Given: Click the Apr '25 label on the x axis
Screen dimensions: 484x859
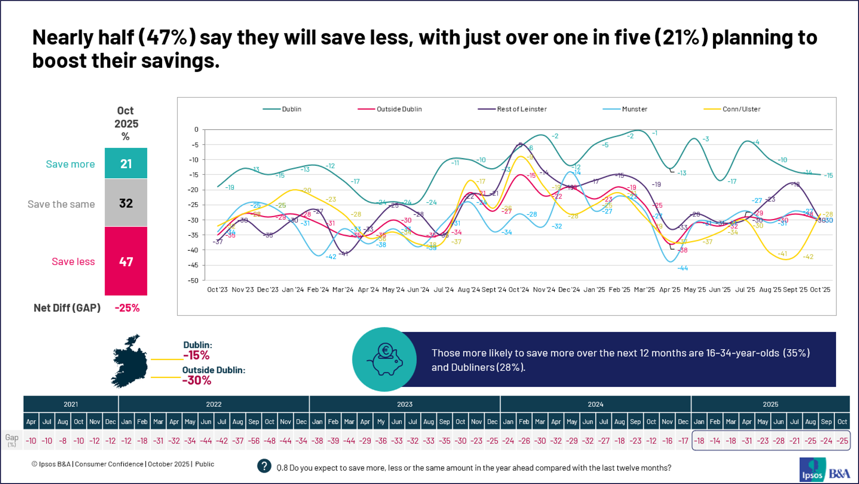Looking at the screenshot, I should pos(670,290).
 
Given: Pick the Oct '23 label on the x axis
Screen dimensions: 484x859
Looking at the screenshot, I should pos(217,290).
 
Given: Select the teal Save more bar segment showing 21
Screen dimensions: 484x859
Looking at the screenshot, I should pos(126,163).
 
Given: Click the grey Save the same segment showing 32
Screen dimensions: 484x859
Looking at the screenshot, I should pos(126,203).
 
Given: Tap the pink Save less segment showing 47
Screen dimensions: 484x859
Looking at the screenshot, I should pos(126,261).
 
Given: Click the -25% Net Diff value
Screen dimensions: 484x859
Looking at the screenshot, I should pos(127,308).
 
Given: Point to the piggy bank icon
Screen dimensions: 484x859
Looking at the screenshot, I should pos(384,360).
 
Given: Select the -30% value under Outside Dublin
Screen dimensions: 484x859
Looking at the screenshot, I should pos(196,380).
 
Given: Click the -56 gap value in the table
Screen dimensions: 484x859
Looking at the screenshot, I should pos(254,441).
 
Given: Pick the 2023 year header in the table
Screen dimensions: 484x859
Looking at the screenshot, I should pos(404,404).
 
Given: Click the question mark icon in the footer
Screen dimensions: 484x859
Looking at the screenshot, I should pos(264,466).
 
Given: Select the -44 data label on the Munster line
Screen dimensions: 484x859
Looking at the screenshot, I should pos(682,268).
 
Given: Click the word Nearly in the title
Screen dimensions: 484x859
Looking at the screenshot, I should pos(62,38).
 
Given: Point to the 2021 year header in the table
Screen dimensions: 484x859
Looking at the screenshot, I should pos(71,404).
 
